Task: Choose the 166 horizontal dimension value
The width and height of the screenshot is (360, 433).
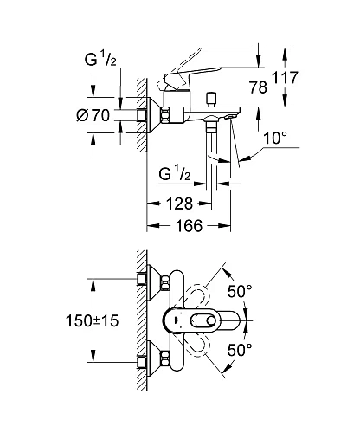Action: (x=189, y=225)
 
